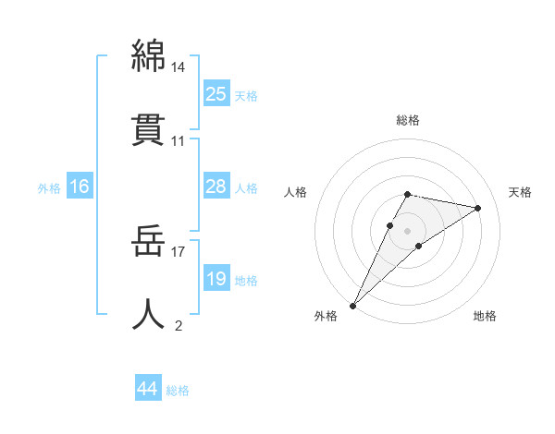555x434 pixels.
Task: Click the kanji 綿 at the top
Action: click(x=149, y=56)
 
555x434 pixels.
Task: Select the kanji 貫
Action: click(x=149, y=129)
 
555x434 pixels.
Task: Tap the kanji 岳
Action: click(x=149, y=241)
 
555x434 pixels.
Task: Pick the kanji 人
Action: click(x=149, y=314)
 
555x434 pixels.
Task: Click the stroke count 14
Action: click(x=179, y=67)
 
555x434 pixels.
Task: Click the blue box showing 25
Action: click(x=216, y=94)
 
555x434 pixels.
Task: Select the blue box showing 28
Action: click(x=216, y=187)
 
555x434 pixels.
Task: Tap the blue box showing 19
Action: click(x=216, y=279)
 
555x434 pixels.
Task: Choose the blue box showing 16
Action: click(x=80, y=187)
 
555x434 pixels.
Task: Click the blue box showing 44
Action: click(x=148, y=389)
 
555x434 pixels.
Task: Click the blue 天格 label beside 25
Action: click(x=246, y=96)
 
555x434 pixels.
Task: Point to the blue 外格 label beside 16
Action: click(x=49, y=188)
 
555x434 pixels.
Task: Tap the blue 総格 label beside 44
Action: click(x=178, y=391)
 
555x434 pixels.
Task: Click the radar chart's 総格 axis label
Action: click(x=408, y=120)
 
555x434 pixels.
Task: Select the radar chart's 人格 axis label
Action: click(x=296, y=192)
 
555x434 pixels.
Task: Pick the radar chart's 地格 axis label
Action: click(x=485, y=316)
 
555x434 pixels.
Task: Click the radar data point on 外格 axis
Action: click(x=352, y=305)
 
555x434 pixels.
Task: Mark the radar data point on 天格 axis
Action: click(x=478, y=208)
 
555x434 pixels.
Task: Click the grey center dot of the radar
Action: click(x=408, y=230)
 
